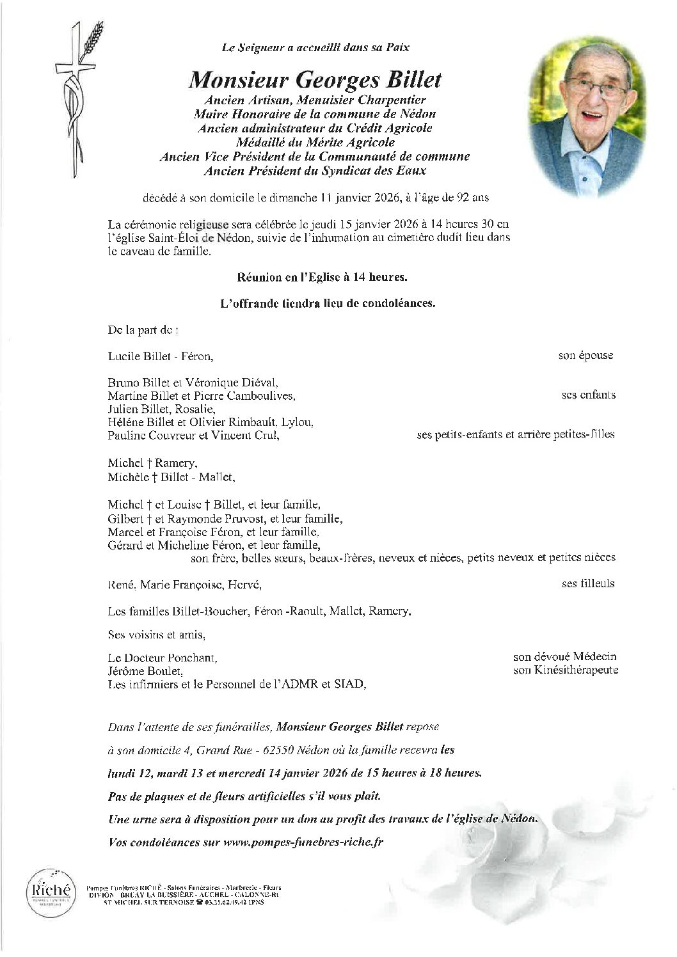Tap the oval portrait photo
tap(583, 113)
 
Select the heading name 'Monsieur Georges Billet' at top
tap(315, 81)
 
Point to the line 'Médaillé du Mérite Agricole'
tap(315, 143)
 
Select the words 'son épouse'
tap(585, 356)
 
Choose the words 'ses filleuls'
tap(588, 583)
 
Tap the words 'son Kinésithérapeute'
tap(566, 670)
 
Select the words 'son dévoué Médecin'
tap(565, 657)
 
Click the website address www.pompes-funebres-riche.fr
tap(303, 842)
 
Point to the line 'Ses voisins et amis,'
tap(157, 635)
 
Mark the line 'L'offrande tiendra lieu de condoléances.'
tap(327, 304)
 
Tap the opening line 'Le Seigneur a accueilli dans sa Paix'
tap(315, 47)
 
